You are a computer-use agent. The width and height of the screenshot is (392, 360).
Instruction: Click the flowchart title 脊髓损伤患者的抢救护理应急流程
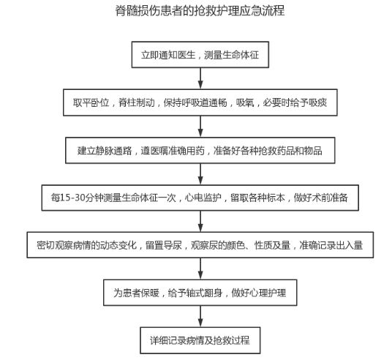click(200, 10)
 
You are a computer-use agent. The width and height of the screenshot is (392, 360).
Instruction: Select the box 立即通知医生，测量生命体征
click(200, 55)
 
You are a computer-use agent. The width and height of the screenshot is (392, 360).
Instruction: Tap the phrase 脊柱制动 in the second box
click(137, 102)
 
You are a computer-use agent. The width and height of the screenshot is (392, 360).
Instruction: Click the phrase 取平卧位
click(91, 102)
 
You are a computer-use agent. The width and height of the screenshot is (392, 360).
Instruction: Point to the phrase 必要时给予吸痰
click(295, 102)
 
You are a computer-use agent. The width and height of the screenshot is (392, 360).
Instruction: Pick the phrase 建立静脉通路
click(105, 151)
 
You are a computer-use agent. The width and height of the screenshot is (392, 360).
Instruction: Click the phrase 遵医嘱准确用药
click(173, 151)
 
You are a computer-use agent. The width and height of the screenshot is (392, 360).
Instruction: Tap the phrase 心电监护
click(203, 198)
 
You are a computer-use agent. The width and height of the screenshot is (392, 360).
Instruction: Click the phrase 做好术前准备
click(321, 198)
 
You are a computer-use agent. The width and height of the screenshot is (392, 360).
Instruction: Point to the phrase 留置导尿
click(164, 245)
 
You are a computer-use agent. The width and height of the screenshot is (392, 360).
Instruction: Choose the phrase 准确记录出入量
click(331, 245)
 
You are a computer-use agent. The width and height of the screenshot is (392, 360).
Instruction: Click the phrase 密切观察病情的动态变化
click(87, 245)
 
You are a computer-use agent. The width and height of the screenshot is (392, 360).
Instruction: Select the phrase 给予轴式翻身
click(195, 293)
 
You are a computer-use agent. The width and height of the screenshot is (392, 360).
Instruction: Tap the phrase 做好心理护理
click(259, 293)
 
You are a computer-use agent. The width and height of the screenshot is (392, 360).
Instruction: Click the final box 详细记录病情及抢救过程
click(200, 340)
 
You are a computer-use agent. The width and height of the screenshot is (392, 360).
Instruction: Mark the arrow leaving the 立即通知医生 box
click(200, 78)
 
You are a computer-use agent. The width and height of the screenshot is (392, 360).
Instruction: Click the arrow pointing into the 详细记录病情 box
click(200, 316)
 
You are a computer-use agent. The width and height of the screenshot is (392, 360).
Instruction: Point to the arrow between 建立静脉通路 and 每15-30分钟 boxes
click(200, 174)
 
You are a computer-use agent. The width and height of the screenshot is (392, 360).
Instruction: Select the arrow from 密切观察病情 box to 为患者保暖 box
click(200, 269)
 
